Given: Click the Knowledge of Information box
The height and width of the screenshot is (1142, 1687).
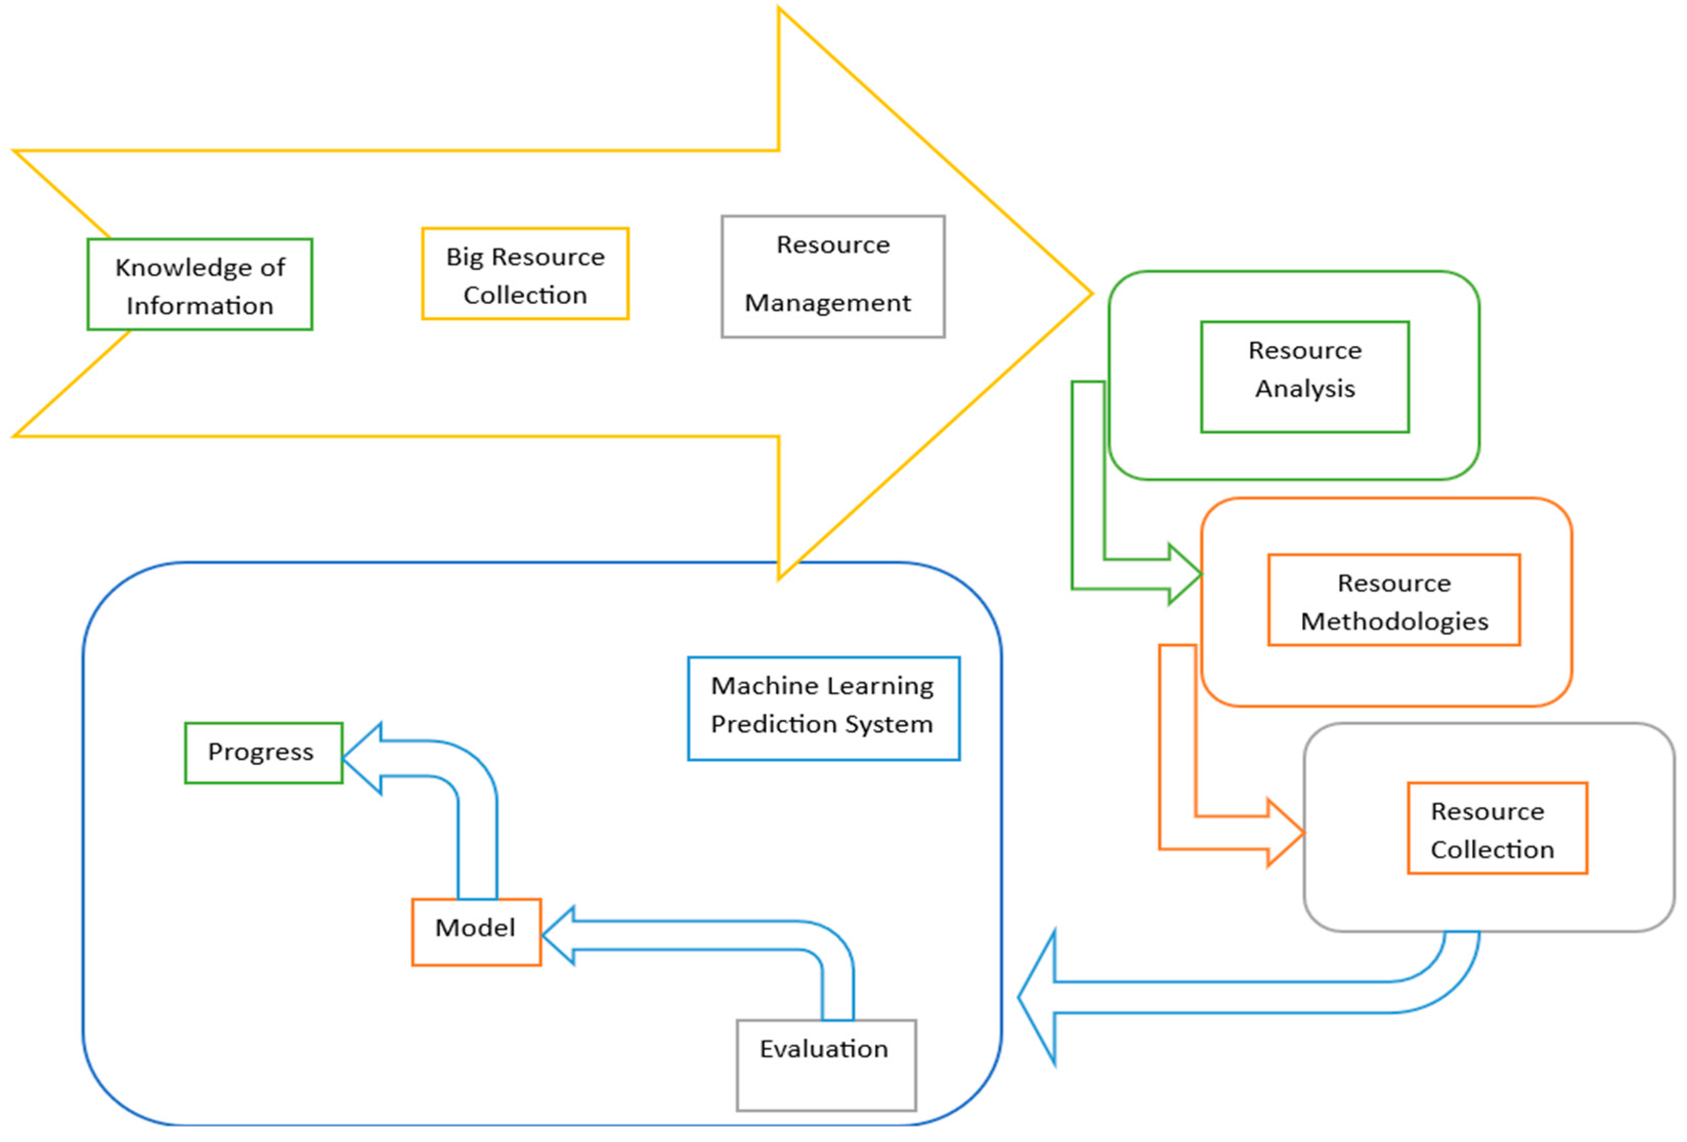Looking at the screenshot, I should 200,284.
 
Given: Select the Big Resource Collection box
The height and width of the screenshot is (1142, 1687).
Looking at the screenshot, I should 525,274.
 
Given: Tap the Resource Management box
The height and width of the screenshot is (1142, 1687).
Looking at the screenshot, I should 833,276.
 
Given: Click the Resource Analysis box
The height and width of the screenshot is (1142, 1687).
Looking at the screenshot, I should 1305,377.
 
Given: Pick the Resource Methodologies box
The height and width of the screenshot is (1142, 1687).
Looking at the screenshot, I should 1394,600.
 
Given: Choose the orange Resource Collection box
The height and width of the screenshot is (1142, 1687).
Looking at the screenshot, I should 1497,828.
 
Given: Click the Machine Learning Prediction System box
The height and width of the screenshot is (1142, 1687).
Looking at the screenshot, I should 823,709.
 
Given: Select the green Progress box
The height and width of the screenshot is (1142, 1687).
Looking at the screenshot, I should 263,753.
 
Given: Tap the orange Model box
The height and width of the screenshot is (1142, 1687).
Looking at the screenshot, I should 476,932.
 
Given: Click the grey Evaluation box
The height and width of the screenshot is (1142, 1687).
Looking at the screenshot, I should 826,1064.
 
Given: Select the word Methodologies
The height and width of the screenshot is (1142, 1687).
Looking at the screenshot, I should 1394,622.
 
